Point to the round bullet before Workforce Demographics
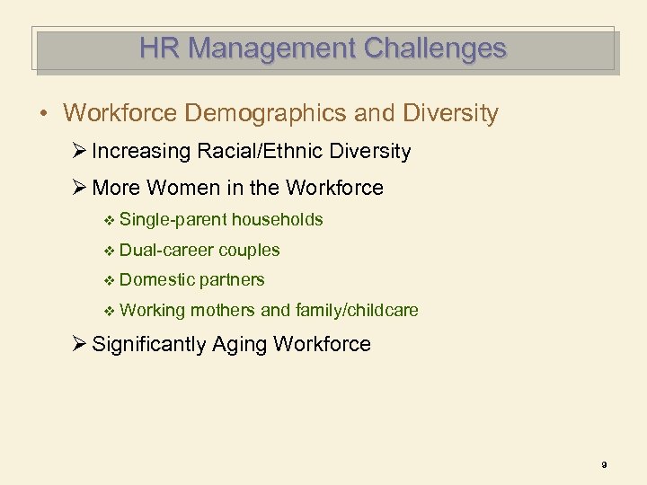[43, 114]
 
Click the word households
[277, 219]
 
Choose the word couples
[249, 250]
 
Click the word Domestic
[156, 279]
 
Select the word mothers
[222, 310]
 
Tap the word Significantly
[149, 344]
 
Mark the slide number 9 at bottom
[604, 464]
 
